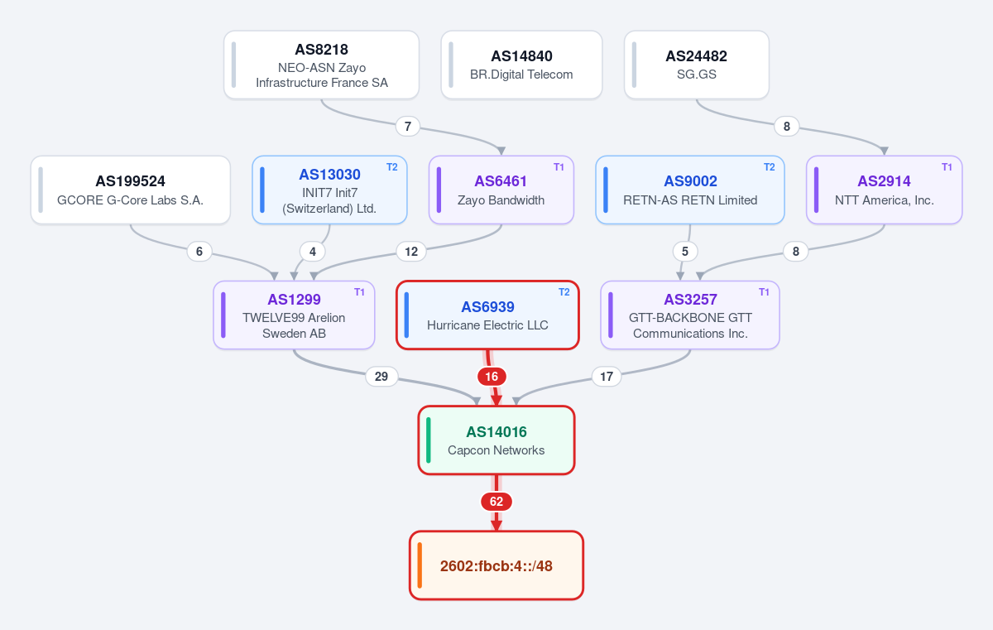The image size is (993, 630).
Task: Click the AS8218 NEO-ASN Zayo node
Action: [321, 65]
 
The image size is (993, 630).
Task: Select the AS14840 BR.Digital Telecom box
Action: [521, 65]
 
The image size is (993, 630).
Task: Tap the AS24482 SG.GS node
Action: [697, 65]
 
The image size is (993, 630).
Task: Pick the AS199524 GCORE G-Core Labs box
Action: [131, 190]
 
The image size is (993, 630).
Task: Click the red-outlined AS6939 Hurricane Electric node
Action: [487, 315]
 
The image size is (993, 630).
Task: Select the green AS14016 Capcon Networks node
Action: [496, 440]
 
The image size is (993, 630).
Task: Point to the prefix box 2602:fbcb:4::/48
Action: [496, 565]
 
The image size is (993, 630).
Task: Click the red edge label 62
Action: [496, 502]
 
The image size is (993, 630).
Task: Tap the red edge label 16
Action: [492, 377]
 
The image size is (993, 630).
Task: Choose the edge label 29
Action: [381, 377]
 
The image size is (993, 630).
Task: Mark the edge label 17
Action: [607, 377]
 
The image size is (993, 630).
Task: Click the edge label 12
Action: [411, 252]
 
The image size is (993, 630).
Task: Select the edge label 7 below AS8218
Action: [408, 127]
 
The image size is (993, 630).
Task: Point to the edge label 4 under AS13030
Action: [313, 252]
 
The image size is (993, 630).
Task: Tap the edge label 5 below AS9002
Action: [685, 252]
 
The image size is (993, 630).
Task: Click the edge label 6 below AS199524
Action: [199, 252]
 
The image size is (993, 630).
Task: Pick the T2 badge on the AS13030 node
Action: [392, 167]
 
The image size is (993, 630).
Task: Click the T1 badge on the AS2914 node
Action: [947, 167]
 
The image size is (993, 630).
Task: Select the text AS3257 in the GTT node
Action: [690, 299]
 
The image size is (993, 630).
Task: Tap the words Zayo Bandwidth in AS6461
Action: [501, 200]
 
